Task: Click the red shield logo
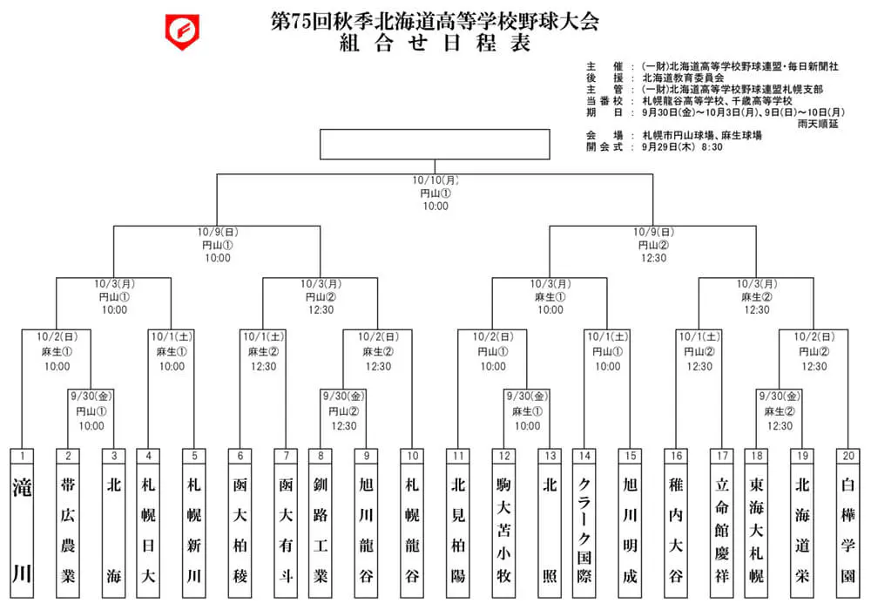(x=182, y=31)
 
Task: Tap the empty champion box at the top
(x=435, y=145)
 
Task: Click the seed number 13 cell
(x=550, y=456)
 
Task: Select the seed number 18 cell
(x=757, y=456)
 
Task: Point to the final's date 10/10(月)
(x=435, y=180)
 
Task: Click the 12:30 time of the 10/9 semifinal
(x=653, y=258)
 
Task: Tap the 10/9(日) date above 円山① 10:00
(x=218, y=232)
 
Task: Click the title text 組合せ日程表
(x=435, y=43)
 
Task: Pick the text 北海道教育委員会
(x=683, y=78)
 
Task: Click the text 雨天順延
(x=818, y=124)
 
